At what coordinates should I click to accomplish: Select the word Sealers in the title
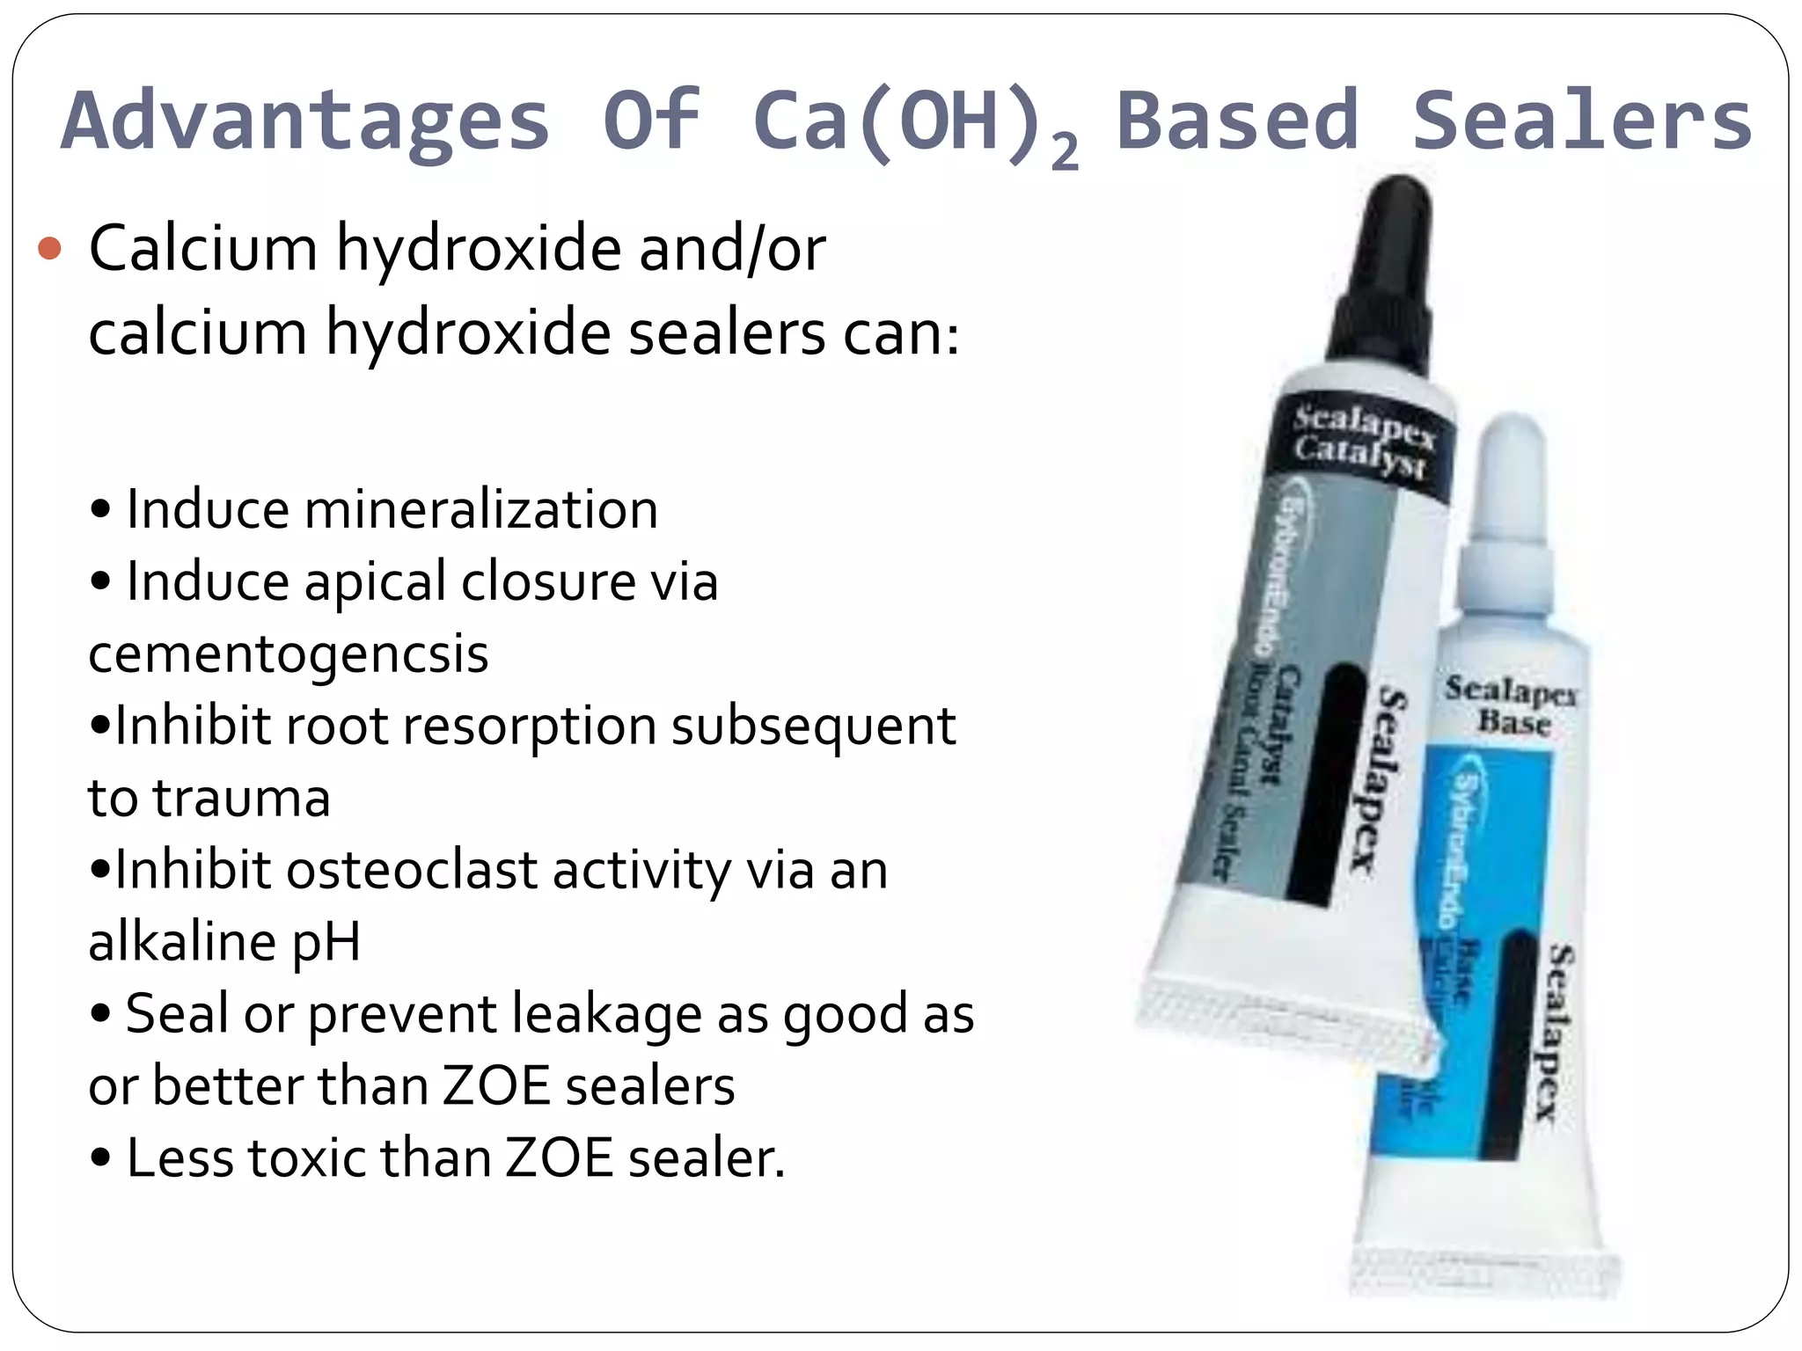[1582, 121]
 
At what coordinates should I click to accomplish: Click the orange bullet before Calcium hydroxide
[50, 250]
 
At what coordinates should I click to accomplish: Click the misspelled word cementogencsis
[289, 654]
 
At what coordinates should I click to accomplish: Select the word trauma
[241, 799]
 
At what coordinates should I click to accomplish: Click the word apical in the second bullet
[375, 582]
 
